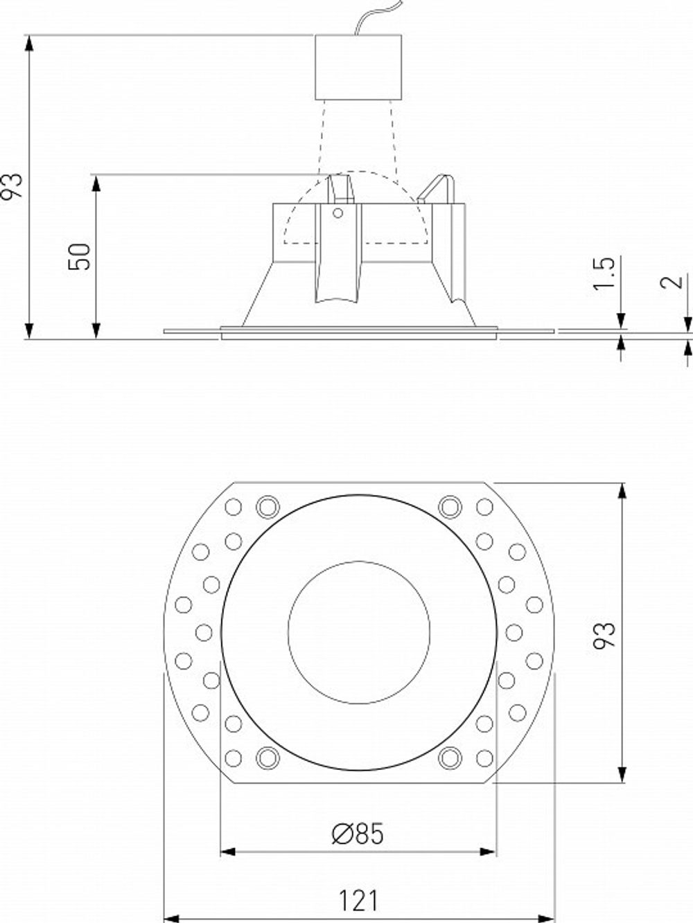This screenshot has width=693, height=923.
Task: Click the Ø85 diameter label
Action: click(x=357, y=834)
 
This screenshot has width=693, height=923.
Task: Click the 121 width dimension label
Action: click(x=359, y=900)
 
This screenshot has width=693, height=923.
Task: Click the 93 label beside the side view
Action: click(x=13, y=186)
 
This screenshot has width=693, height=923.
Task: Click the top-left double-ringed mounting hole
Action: click(x=267, y=507)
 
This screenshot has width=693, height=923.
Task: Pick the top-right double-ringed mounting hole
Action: click(x=450, y=507)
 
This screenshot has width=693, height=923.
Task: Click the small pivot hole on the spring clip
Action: click(x=338, y=213)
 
